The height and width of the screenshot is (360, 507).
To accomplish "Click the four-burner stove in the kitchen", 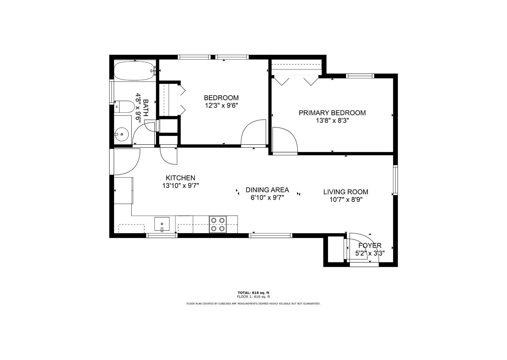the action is pos(218,224).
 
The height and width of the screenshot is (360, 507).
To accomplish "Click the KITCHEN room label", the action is pos(180,178).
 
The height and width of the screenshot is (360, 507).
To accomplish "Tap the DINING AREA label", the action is pos(267,190).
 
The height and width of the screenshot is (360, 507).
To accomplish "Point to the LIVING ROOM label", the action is pos(346,192).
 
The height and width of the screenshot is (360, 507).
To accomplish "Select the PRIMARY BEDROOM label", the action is pos(332,113).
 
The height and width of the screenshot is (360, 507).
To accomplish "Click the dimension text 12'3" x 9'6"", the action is pos(221,106).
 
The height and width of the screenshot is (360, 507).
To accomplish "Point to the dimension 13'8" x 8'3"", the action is pos(332,120).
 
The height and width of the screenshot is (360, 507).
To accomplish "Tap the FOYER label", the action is pos(370,246).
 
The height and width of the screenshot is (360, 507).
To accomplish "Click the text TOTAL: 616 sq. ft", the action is pos(253,293).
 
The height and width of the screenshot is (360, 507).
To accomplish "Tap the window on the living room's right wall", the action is pos(395,180).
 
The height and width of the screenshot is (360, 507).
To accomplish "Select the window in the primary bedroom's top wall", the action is pos(360,76).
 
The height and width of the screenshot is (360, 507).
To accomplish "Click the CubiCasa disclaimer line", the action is pos(253,304).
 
